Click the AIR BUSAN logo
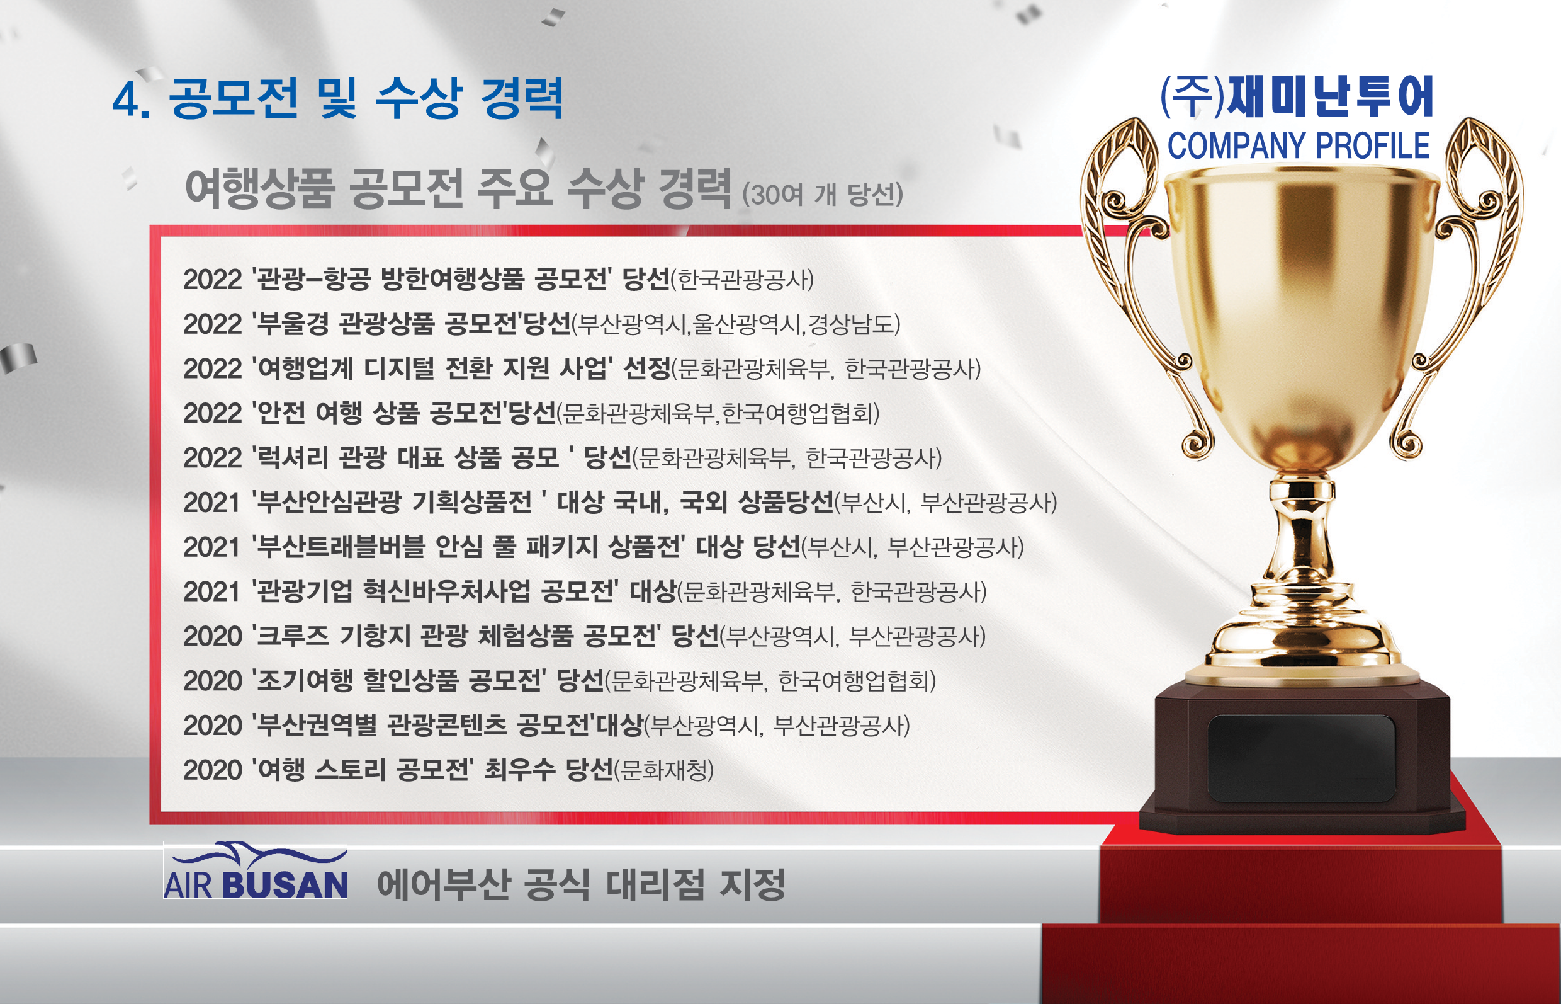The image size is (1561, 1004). (256, 872)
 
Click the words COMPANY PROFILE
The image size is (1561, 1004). (1299, 145)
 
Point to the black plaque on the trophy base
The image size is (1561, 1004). (1301, 758)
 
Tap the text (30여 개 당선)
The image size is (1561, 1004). (822, 194)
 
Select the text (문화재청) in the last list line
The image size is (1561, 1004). (665, 770)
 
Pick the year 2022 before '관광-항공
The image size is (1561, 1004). (212, 280)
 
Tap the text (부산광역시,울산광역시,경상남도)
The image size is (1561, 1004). (736, 324)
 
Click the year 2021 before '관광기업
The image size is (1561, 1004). (212, 592)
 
